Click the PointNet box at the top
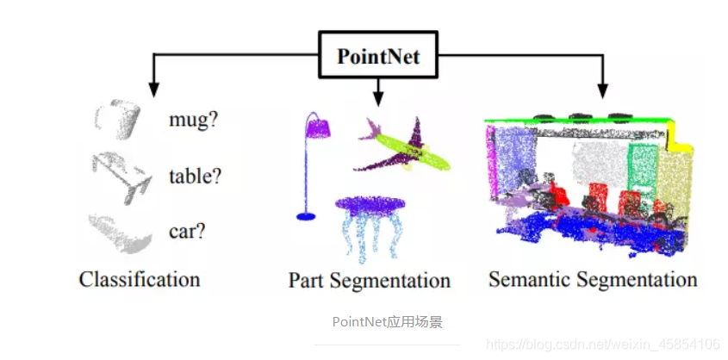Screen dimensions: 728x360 point(377,55)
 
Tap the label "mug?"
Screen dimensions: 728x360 point(194,121)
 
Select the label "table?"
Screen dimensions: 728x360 point(195,176)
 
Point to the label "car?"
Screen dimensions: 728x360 point(187,231)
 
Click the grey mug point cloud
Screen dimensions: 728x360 point(118,119)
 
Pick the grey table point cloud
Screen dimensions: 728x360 point(121,177)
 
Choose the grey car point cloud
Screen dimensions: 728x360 point(121,233)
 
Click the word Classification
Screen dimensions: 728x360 point(140,279)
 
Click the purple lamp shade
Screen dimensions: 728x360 point(318,127)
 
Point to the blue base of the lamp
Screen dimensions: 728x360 point(306,216)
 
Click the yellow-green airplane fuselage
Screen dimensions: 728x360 point(413,151)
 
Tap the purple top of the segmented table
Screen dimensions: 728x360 point(370,205)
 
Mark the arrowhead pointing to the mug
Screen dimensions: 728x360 point(153,90)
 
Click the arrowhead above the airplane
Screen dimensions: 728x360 point(378,98)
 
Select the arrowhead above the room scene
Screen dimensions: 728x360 point(602,91)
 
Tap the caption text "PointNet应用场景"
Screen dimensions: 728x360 point(387,321)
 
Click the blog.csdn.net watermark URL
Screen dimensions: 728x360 point(603,344)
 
